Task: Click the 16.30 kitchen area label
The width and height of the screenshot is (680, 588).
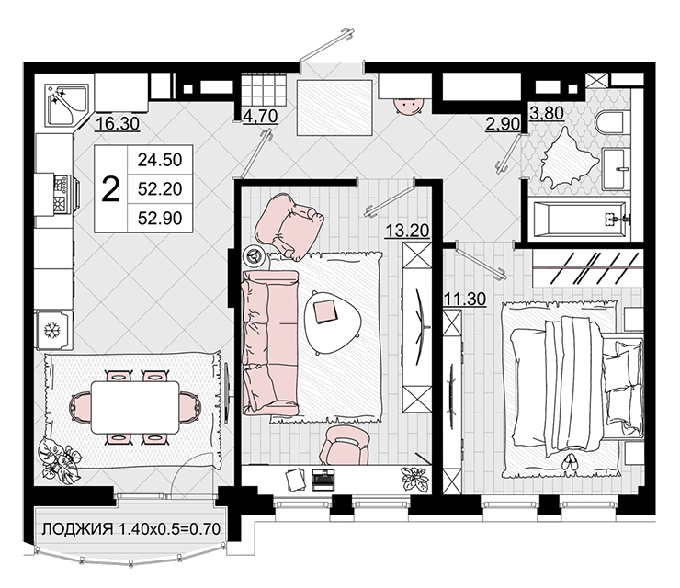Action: [x=118, y=124]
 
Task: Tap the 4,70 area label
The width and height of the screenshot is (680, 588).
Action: [x=260, y=116]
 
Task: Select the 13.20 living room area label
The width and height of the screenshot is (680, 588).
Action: [x=407, y=231]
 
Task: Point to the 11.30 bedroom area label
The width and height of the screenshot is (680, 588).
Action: [x=465, y=299]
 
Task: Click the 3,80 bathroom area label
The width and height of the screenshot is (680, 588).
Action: [x=547, y=113]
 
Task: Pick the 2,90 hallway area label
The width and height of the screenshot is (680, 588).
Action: [x=503, y=124]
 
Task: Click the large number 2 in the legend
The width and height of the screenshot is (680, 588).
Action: [x=110, y=189]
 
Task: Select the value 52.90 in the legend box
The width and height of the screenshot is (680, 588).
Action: [x=160, y=218]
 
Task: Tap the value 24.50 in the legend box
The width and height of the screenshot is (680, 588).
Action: [x=160, y=160]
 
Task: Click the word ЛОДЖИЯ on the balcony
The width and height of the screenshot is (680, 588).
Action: [x=77, y=529]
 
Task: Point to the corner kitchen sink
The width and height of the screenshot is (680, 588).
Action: [x=66, y=105]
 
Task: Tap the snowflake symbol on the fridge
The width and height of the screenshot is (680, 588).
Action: [x=53, y=331]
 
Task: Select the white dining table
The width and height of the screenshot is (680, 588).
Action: [x=135, y=407]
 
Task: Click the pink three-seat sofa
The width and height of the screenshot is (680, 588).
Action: [x=270, y=343]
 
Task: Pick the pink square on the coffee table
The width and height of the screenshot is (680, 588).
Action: [x=324, y=311]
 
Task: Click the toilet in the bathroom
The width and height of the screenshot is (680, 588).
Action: [x=609, y=123]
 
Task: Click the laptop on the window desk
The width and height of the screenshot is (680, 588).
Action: [x=323, y=480]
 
